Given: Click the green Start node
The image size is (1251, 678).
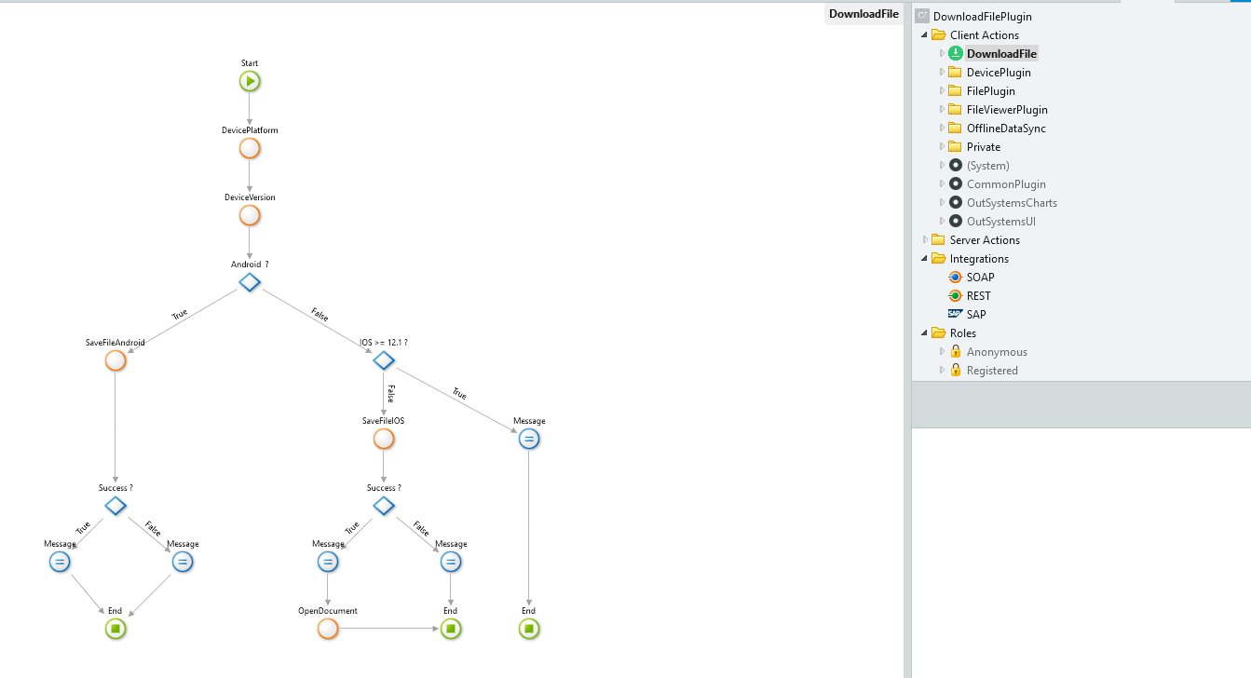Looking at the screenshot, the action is click(250, 82).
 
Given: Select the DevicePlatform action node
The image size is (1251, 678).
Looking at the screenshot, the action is click(250, 149).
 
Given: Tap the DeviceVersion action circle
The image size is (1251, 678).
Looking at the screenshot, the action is click(250, 215).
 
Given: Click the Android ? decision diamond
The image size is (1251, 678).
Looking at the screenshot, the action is click(250, 282).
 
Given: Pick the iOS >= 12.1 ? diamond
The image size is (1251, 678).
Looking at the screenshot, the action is click(384, 360).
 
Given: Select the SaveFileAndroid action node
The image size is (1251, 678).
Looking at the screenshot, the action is click(116, 360).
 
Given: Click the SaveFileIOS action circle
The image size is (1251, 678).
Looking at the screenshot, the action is click(384, 439).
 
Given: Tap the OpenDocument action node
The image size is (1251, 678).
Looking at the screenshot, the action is click(328, 629).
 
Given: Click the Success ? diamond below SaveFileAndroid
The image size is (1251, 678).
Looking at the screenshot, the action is click(116, 506).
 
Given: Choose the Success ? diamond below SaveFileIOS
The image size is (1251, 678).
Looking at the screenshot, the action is click(384, 506).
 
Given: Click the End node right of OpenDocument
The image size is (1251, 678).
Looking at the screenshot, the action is click(451, 629).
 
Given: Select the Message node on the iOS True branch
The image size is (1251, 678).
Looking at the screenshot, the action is click(529, 439).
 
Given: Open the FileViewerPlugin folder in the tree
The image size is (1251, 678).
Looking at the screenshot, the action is click(1007, 110).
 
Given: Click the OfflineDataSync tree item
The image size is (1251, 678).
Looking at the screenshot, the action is click(1006, 128).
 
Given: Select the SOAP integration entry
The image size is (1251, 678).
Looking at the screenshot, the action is click(980, 277).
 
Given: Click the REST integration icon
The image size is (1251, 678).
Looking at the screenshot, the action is click(955, 295).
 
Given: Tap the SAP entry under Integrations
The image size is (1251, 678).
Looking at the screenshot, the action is click(976, 315).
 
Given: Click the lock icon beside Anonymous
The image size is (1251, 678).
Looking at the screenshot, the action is click(956, 351).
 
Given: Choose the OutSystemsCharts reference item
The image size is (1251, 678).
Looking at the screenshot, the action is click(1012, 203).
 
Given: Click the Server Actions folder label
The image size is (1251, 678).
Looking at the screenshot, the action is click(985, 239).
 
